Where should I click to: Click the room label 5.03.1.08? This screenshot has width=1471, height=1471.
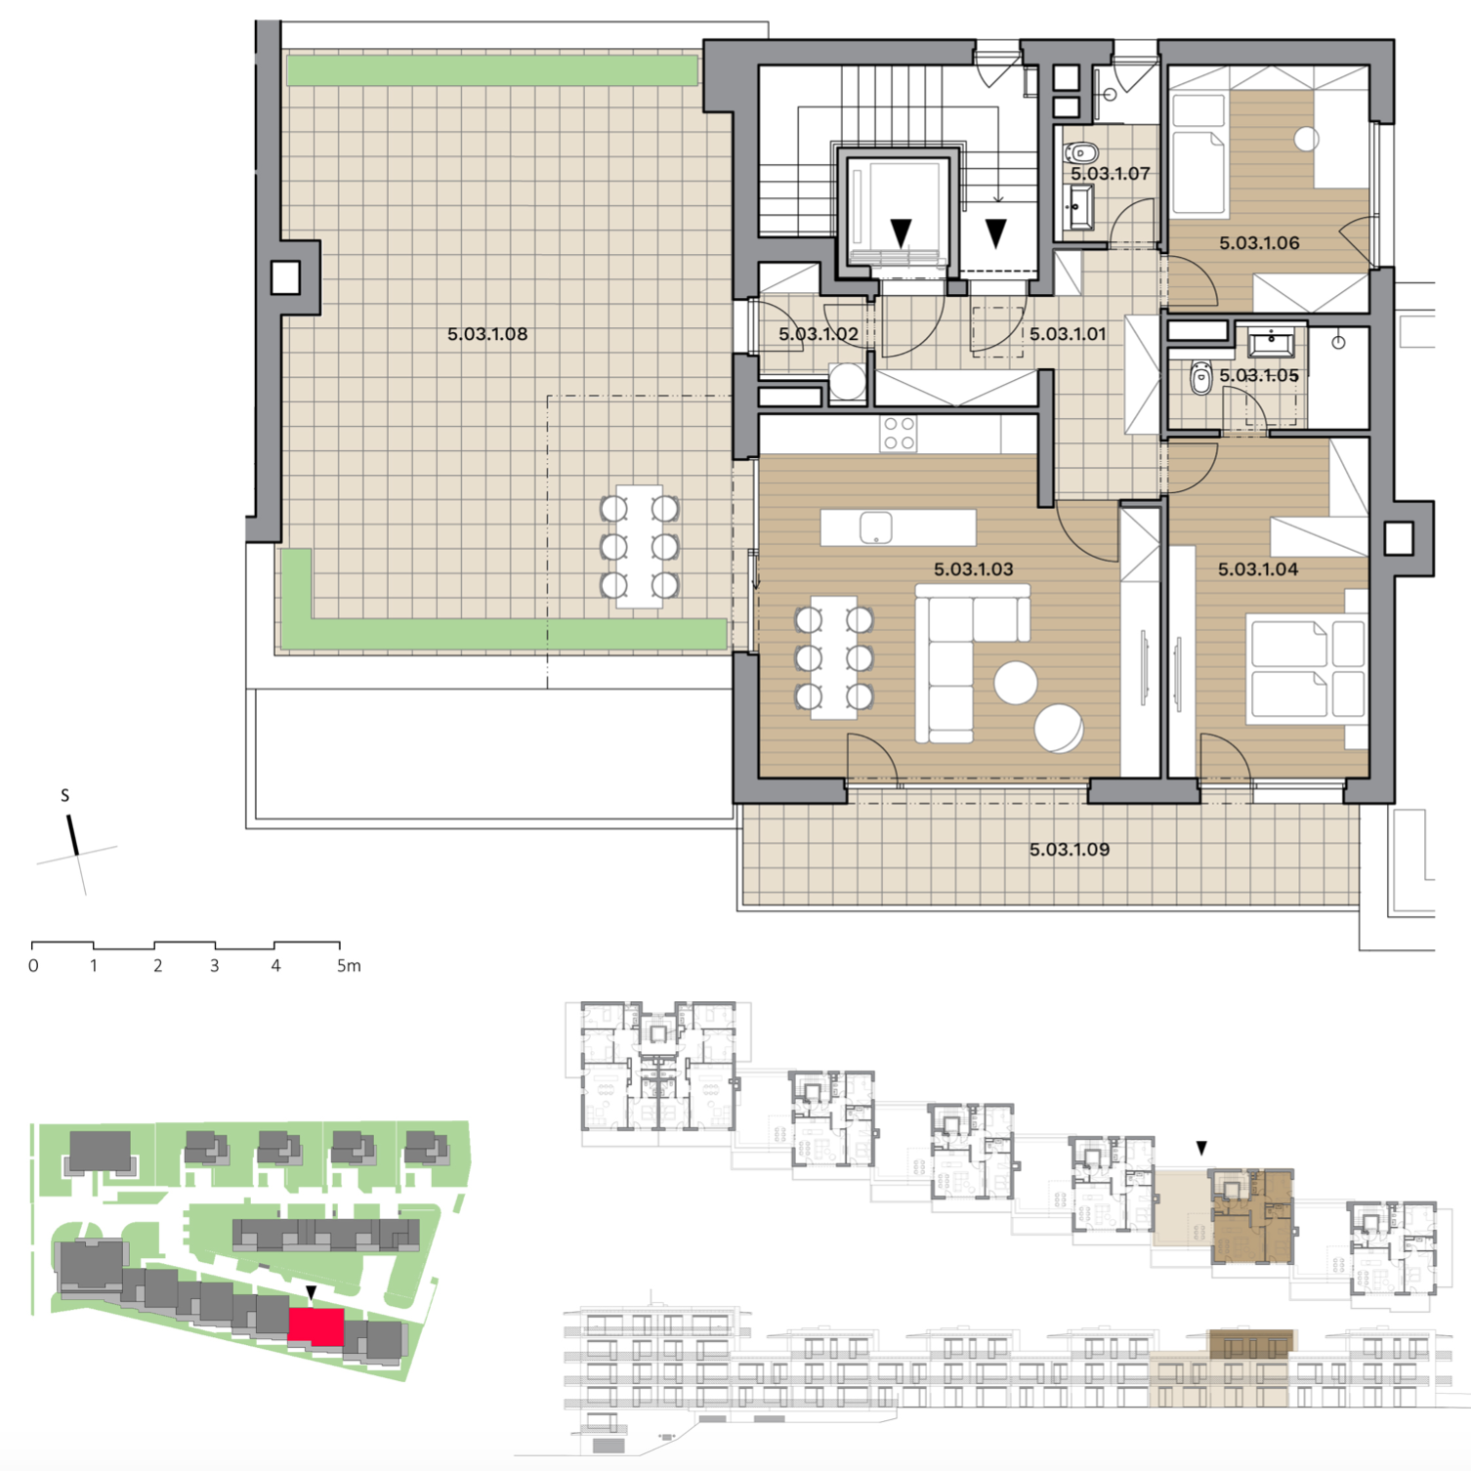[487, 334]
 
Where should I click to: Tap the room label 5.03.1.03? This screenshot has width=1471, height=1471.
[973, 569]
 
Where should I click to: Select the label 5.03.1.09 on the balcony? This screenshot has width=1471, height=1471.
[1070, 850]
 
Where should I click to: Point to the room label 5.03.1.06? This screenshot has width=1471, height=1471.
[1259, 243]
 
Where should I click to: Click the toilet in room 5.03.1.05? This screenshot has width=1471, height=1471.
[1200, 378]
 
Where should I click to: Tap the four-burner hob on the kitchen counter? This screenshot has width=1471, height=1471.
[899, 434]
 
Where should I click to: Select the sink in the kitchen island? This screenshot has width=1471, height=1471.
[876, 527]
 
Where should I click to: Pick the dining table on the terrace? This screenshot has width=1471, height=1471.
[640, 547]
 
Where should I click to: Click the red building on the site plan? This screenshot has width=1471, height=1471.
[316, 1325]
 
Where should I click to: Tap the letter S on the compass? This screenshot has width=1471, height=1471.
[65, 795]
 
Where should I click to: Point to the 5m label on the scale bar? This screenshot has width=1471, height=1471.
[349, 966]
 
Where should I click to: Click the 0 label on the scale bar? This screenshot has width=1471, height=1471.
[33, 966]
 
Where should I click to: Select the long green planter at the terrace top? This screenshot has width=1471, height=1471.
[492, 70]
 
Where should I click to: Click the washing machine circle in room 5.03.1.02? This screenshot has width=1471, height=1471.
[847, 381]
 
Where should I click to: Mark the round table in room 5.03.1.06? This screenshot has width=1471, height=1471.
[1306, 140]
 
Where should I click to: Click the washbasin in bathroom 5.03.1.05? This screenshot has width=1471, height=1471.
[1270, 344]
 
